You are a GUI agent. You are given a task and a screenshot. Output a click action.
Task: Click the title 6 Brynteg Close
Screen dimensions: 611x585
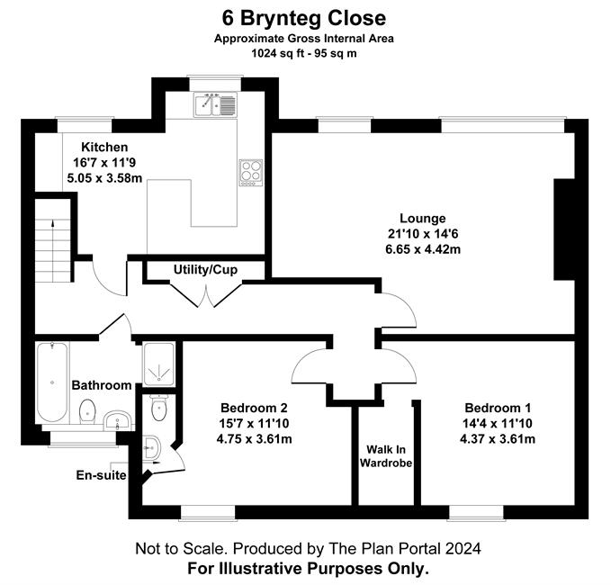304,18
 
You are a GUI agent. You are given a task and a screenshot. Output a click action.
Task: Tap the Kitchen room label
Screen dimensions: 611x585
104,147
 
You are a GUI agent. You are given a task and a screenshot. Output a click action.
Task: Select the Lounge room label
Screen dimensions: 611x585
423,219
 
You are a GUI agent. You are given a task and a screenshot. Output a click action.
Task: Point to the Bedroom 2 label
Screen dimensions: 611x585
254,408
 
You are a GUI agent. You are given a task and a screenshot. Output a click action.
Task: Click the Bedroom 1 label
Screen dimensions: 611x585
498,408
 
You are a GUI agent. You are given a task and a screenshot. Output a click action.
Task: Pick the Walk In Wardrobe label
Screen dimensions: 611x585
386,456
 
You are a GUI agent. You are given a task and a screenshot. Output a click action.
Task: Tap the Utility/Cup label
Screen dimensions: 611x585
205,270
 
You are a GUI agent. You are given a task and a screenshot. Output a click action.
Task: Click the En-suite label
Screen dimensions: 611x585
101,475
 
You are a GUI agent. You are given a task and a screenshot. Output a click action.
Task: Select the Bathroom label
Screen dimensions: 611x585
102,385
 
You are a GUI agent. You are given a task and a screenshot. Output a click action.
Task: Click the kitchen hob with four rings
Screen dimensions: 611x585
251,173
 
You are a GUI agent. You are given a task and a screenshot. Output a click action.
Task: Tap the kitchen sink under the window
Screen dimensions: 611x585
215,104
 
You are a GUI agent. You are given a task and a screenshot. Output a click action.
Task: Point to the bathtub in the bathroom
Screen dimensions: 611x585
52,382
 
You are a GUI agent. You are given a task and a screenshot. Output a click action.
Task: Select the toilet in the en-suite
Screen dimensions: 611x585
159,408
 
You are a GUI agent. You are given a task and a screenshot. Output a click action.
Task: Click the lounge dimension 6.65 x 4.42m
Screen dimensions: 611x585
423,249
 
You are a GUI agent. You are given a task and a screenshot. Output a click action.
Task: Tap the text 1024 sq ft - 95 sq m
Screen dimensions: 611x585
304,53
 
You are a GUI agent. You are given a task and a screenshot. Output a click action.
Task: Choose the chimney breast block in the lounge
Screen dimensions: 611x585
564,229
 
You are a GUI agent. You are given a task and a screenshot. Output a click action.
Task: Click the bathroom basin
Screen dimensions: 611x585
118,420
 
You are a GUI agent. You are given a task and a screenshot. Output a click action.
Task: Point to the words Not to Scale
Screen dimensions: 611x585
181,549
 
